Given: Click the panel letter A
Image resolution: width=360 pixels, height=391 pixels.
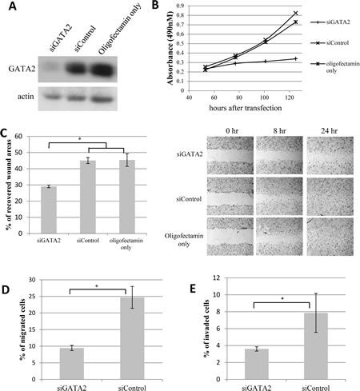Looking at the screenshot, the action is tap(13, 6).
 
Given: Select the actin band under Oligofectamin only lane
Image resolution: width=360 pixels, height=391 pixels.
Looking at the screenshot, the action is tap(102, 99).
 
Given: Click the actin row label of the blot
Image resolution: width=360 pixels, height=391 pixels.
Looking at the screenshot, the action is tap(26, 96).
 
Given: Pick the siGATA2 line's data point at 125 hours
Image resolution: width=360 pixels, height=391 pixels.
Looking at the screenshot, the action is tap(295, 58).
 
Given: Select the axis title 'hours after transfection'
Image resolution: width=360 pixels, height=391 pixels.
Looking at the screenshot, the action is tap(246, 108).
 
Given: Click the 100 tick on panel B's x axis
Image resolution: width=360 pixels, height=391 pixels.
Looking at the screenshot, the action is tap(264, 98).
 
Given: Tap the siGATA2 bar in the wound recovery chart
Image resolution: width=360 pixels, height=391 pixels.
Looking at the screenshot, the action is tap(49, 210).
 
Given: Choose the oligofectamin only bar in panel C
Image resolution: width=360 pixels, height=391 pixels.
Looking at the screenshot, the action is tap(127, 197).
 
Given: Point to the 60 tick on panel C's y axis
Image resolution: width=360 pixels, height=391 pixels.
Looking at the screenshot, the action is tap(19, 136).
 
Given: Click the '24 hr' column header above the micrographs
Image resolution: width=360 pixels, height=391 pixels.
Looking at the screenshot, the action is tap(330, 131).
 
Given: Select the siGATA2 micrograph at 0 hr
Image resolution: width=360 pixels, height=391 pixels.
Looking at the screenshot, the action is tap(230, 155).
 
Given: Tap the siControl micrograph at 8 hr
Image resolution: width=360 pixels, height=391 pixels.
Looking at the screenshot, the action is tap(279, 197).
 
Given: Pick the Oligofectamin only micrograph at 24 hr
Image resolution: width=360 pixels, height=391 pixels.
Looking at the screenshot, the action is tap(330, 237).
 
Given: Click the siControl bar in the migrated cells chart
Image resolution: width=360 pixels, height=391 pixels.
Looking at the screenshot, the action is tap(132, 338).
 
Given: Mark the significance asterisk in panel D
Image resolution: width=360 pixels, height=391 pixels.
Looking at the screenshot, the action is tap(97, 286).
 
